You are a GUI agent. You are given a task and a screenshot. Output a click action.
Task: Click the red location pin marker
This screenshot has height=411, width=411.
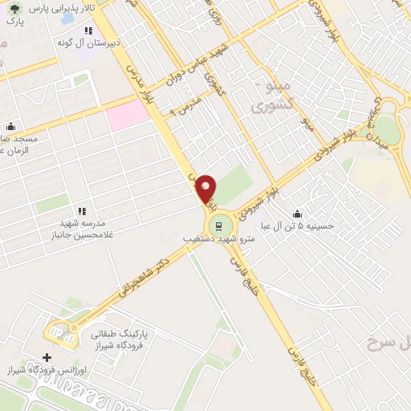coord(206,189)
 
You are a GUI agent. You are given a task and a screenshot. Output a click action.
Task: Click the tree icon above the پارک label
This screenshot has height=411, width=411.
coord(11,6)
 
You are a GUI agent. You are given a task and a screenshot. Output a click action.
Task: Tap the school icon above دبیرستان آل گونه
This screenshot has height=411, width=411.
coord(88,31)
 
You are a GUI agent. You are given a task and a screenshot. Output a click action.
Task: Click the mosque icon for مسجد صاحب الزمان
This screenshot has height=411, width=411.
coord(10,126)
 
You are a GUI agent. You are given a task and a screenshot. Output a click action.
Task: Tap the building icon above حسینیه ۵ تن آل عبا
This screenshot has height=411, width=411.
coord(298,214)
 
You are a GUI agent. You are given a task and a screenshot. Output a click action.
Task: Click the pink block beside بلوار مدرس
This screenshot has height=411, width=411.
coord(128,116)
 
